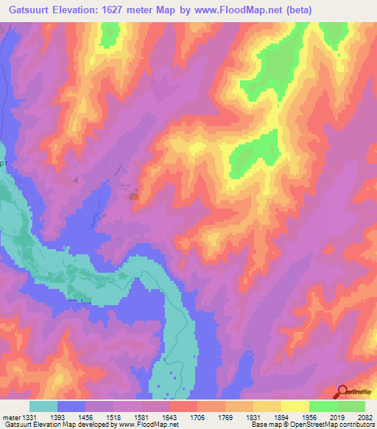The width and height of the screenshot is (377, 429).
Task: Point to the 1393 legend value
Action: tap(71, 418)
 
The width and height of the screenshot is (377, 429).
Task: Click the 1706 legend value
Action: tap(209, 418)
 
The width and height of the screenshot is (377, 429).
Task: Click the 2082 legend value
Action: tap(364, 418)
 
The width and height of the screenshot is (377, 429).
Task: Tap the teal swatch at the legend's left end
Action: tap(43, 406)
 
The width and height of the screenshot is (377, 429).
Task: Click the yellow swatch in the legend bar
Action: tap(295, 406)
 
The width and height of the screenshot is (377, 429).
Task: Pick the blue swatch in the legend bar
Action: tap(71, 406)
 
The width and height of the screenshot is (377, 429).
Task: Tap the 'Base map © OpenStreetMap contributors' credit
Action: tap(312, 425)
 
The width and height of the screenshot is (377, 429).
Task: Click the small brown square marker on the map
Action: tap(134, 196)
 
